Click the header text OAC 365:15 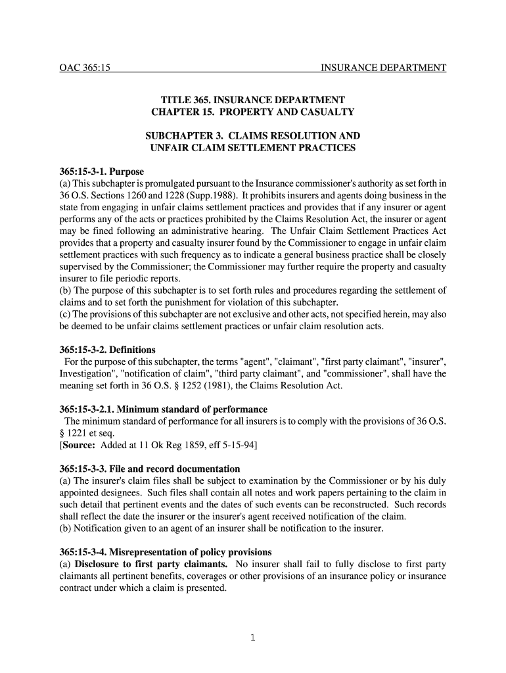[83, 68]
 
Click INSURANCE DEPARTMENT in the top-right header [383, 68]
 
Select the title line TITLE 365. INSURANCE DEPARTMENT [253, 99]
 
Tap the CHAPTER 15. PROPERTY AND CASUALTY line [253, 112]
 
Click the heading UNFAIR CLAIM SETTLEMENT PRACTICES [253, 148]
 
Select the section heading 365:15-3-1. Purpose [101, 172]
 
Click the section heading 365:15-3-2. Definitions [107, 350]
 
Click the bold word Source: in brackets [80, 446]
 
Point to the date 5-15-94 [239, 446]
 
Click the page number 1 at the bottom [253, 637]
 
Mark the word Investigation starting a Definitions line [86, 373]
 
